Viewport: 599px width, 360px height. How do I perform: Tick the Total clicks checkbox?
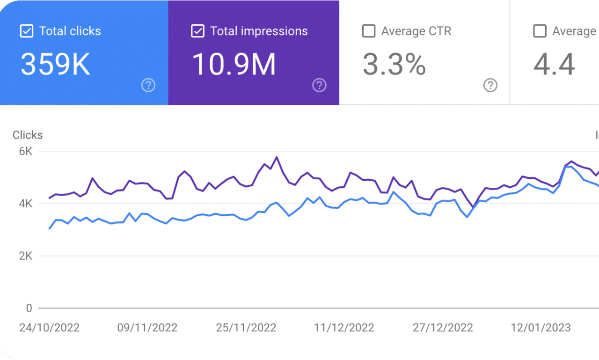[26, 31]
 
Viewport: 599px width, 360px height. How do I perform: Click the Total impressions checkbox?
[197, 31]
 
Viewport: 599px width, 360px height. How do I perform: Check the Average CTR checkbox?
[369, 31]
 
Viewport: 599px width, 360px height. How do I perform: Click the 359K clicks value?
[55, 64]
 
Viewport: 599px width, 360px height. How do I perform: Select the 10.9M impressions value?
[234, 64]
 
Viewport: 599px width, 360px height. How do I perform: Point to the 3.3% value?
[394, 64]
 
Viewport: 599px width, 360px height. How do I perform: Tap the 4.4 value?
[554, 64]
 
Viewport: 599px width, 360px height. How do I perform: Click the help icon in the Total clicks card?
[148, 85]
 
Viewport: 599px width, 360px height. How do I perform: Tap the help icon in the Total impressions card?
[319, 85]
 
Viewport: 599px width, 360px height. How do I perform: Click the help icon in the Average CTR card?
[490, 85]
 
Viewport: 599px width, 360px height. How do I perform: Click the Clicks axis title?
[28, 135]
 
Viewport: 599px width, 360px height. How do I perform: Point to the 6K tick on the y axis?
[25, 152]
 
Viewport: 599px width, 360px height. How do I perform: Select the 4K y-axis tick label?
[25, 204]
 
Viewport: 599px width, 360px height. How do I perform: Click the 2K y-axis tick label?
[25, 256]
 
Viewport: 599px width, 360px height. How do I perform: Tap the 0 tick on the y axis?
[29, 309]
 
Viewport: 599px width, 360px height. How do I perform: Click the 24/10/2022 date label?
[49, 328]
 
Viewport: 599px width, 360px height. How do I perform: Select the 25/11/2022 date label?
[246, 328]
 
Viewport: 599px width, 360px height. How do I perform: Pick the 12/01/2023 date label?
[541, 328]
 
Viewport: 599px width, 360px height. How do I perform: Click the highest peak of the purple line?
[277, 157]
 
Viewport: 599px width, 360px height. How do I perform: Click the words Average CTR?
[416, 31]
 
